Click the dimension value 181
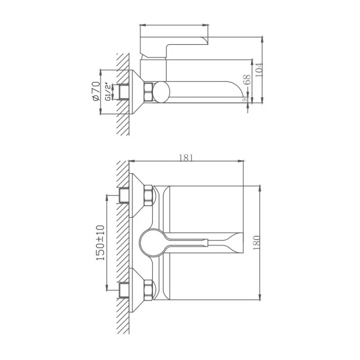186,158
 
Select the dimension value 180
256,243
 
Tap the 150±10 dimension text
100,243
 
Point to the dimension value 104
259,70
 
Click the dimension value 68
247,80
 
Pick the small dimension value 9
244,100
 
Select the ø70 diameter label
96,91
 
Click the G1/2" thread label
108,91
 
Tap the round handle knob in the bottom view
153,243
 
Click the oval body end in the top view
161,92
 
